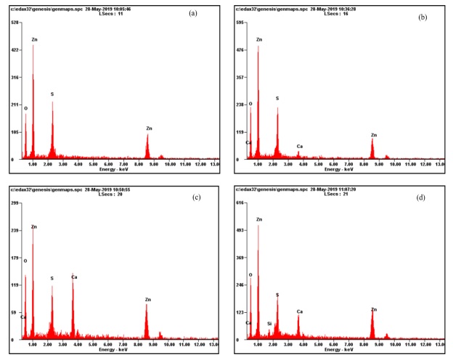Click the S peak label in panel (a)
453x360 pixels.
[x=52, y=94]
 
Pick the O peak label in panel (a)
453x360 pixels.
[x=26, y=109]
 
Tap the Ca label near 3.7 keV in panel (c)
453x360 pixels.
[x=73, y=277]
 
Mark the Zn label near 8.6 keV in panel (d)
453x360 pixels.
[x=373, y=310]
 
